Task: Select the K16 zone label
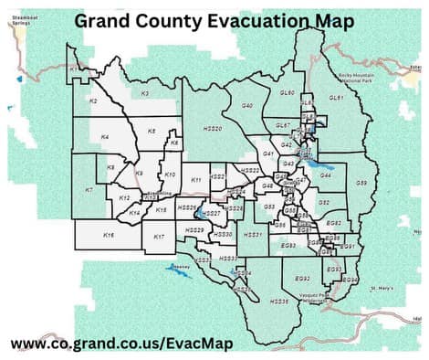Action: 110,236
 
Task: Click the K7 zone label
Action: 89,190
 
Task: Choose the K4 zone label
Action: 105,137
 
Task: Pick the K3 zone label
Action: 144,94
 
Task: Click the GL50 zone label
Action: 287,93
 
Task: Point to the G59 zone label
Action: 361,183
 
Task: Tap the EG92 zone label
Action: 303,278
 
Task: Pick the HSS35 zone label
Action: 279,301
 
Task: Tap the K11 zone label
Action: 196,181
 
